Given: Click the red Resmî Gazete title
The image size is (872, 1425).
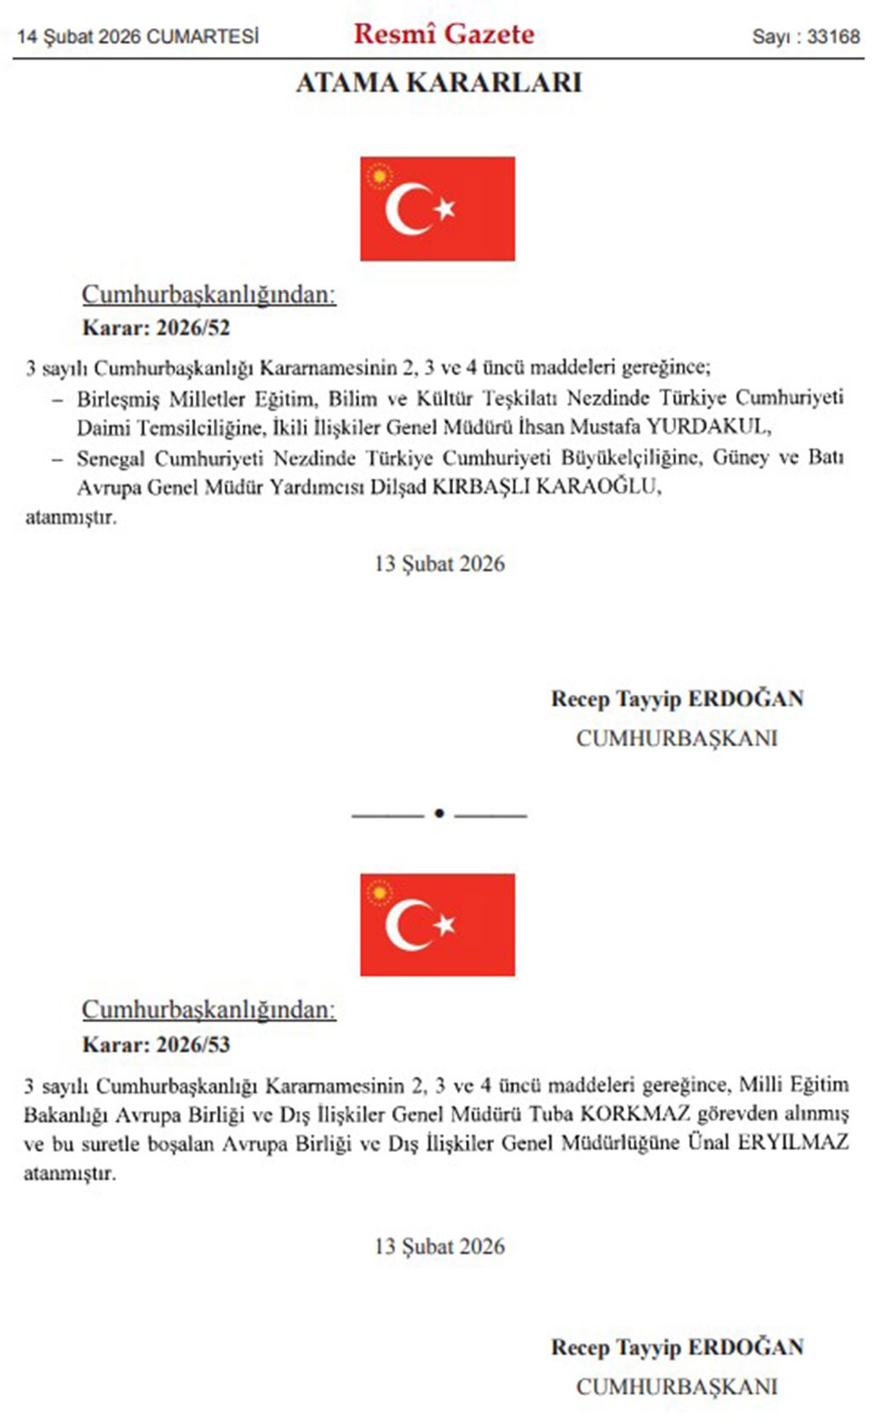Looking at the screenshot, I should click(x=444, y=34).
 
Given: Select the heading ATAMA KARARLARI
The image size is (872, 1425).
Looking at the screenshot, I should click(x=439, y=83).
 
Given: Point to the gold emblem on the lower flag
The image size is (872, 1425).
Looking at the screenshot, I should click(x=379, y=893).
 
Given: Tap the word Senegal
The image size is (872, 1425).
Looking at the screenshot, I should click(x=110, y=458).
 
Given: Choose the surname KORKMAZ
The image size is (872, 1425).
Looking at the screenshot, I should click(x=634, y=1113).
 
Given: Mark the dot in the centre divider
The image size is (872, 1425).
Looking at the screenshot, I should click(x=439, y=814).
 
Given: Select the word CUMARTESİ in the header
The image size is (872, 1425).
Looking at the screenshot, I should click(x=203, y=37).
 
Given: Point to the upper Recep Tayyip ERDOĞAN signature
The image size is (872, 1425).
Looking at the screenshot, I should click(x=677, y=699).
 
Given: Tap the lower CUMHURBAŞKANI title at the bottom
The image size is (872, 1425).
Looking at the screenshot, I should click(x=677, y=1387).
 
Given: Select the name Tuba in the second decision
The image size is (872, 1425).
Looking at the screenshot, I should click(x=552, y=1113).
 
